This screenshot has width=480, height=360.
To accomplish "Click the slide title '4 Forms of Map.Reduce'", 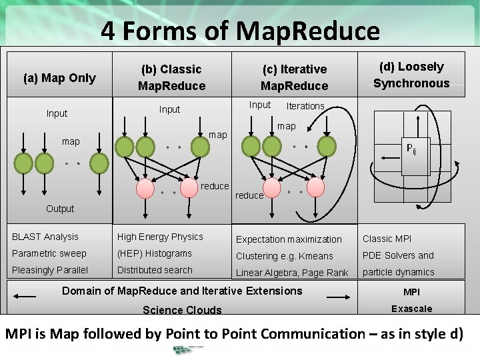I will (240, 31).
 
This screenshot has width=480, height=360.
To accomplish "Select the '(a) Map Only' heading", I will (59, 78).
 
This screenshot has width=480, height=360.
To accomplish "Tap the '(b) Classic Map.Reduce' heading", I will (171, 77).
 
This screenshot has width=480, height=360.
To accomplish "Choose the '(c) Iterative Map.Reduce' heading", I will (294, 77).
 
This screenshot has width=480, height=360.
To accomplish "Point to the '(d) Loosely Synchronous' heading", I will (411, 75).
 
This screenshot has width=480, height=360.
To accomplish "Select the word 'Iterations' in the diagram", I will (305, 106).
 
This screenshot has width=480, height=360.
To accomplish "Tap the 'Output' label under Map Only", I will (60, 209).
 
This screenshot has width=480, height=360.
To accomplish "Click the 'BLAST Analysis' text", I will (45, 237).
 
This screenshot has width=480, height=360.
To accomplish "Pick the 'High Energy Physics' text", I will (160, 237).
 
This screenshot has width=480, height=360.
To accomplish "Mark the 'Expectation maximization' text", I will (289, 239).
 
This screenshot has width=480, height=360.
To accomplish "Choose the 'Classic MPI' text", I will (387, 239).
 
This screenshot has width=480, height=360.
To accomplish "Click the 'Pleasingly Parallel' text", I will (50, 270).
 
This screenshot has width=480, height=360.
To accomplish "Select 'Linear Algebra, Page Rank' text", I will (292, 273).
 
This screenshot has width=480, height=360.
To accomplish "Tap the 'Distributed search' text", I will (155, 270).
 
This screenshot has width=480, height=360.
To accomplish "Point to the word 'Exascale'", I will (411, 309).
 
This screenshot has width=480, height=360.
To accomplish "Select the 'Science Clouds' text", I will (182, 310).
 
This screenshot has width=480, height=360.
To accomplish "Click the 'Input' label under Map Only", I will (57, 113).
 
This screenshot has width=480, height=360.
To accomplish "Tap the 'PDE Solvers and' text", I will (398, 255).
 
